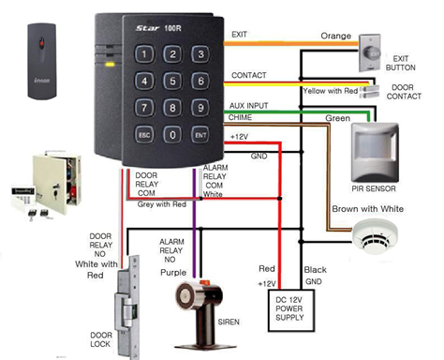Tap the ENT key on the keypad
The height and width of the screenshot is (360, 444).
(200, 135)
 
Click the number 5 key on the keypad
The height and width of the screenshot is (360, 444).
(172, 81)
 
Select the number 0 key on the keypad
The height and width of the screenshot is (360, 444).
(172, 135)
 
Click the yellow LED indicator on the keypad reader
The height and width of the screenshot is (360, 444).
(110, 65)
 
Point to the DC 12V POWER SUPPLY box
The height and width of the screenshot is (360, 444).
(291, 310)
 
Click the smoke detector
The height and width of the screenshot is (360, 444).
(375, 235)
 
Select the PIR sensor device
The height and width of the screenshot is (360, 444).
(375, 153)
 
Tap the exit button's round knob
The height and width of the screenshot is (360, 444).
(373, 53)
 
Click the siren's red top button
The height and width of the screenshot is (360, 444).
(205, 283)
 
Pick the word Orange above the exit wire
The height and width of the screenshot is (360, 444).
(336, 36)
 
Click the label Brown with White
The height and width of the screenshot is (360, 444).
(367, 209)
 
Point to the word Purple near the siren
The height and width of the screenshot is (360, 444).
(173, 273)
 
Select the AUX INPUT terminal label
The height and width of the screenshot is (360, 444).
(248, 106)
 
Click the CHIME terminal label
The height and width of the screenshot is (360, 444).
(240, 117)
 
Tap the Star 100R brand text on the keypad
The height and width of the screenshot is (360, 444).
(158, 28)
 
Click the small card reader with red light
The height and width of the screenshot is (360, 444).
(42, 61)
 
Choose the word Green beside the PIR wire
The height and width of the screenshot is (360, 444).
(337, 118)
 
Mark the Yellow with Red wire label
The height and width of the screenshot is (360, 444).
(331, 91)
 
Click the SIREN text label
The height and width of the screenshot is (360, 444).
(229, 322)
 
